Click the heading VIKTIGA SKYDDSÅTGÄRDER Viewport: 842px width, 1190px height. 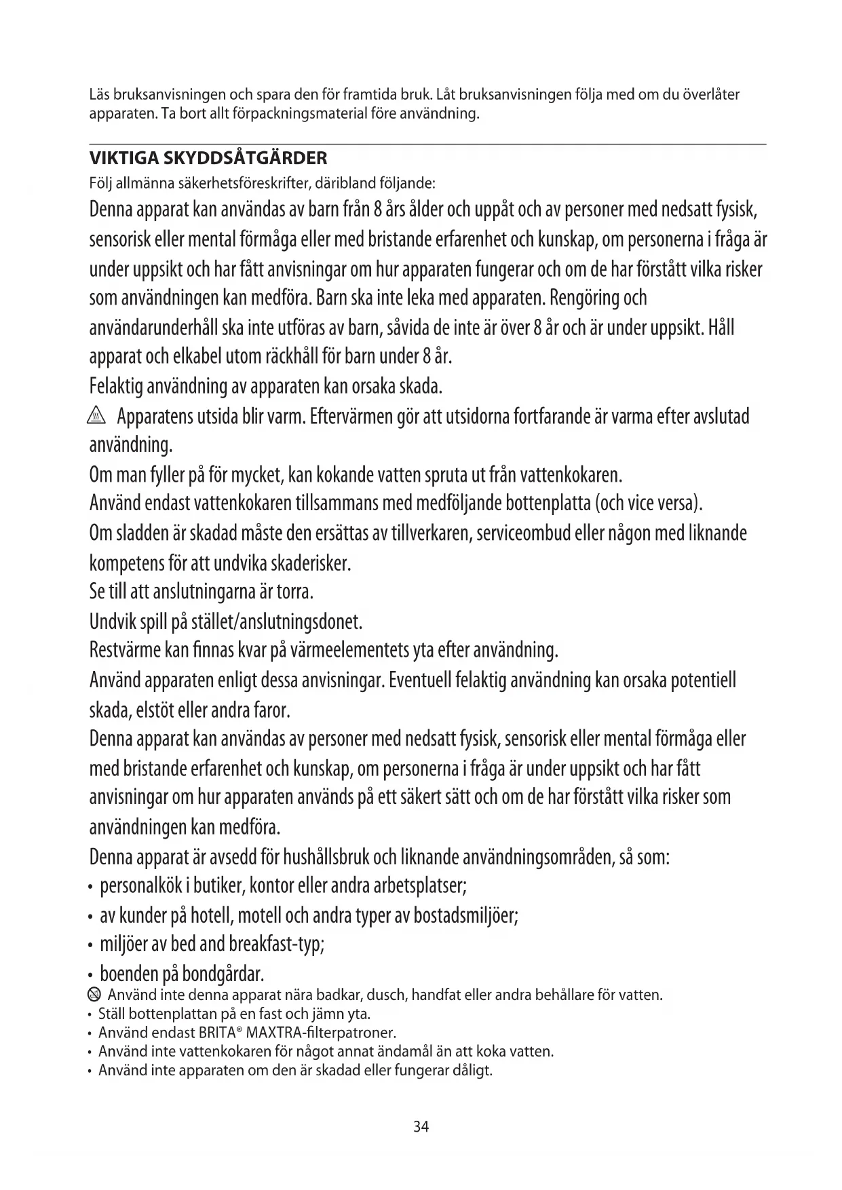tap(208, 159)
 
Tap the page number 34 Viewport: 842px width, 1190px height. tap(421, 1127)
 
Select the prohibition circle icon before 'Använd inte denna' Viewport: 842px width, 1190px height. tap(94, 995)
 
